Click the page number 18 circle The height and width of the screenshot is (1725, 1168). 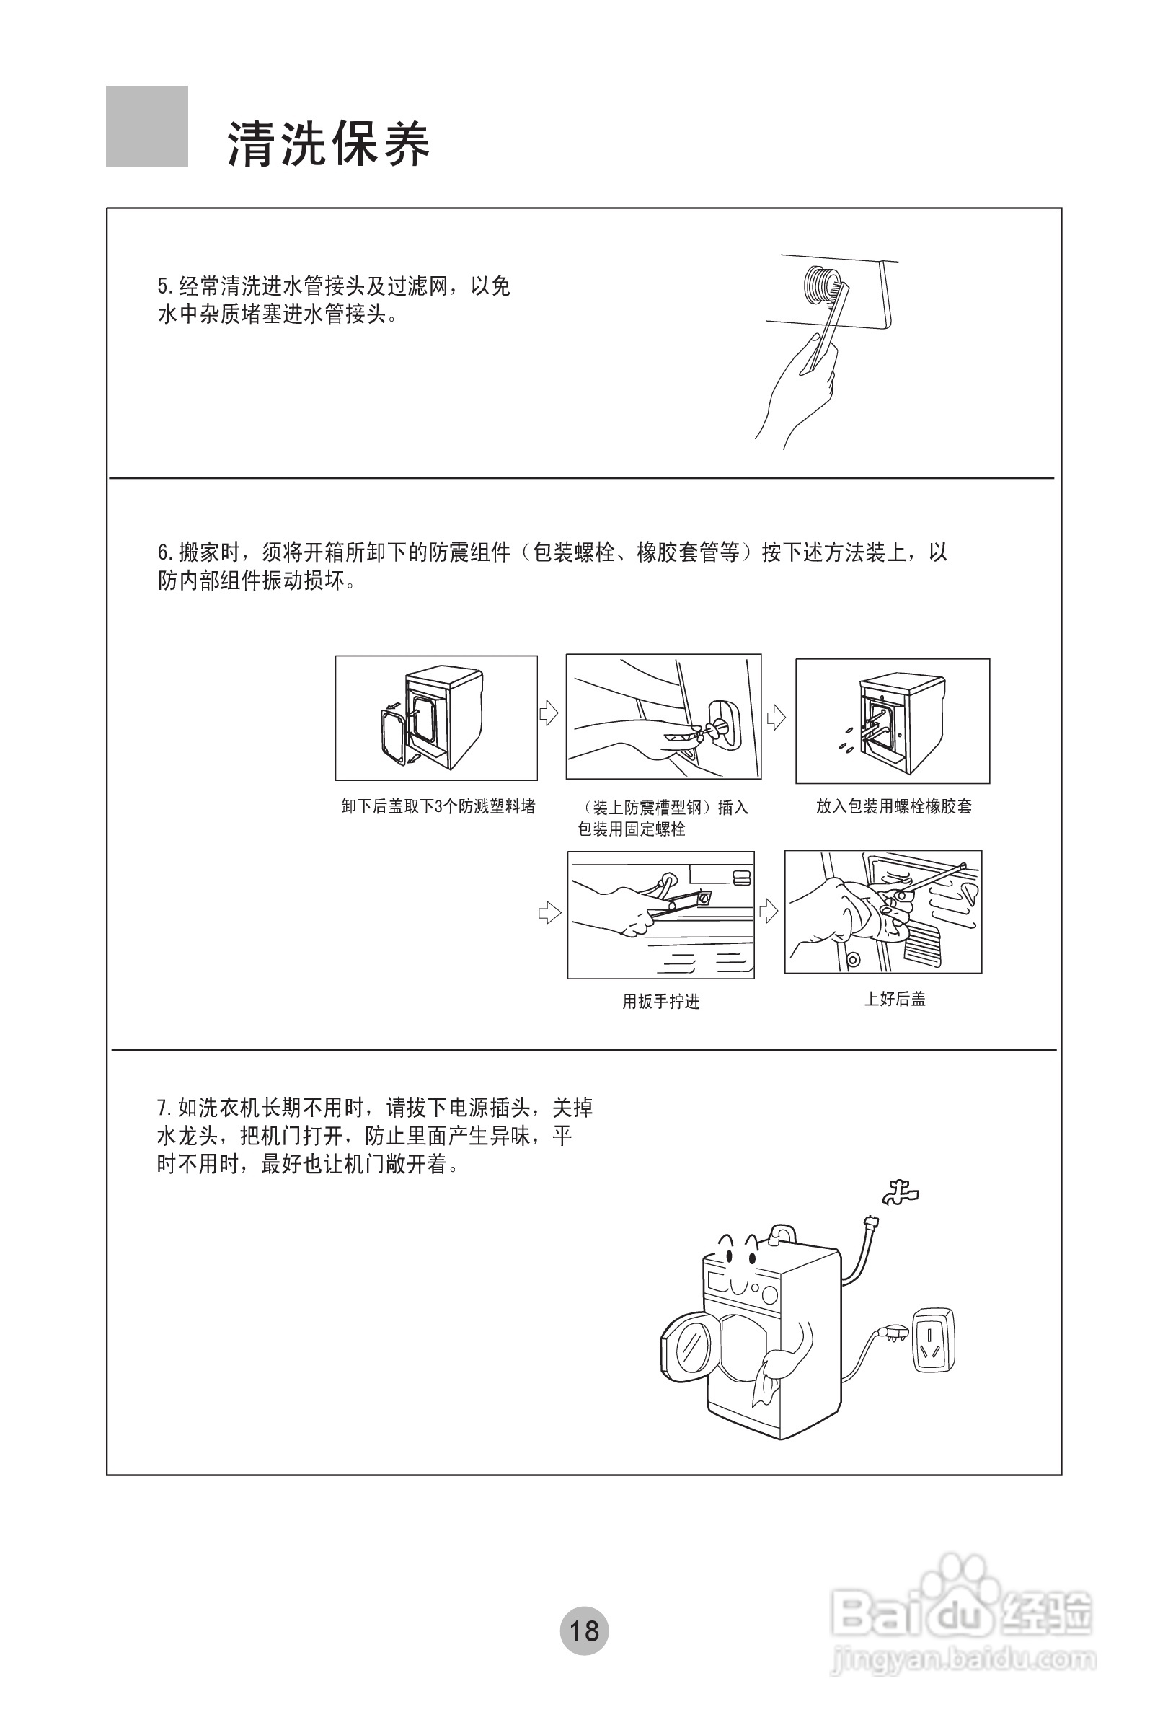point(584,1630)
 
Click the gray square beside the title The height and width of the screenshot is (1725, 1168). point(147,127)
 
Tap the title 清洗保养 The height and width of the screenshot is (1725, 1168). point(328,144)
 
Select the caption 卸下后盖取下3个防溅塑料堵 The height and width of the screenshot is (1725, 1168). point(438,806)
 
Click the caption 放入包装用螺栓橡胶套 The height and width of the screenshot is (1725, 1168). point(893,806)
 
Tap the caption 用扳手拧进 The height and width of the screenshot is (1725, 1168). point(660,1001)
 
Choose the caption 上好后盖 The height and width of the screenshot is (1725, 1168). point(894,998)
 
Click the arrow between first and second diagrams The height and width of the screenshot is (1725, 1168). point(549,712)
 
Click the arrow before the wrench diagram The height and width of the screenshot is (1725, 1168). point(549,912)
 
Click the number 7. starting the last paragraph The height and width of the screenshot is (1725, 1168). point(164,1109)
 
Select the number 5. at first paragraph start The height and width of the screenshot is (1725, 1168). point(164,286)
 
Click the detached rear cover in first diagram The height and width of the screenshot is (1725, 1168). point(392,735)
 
